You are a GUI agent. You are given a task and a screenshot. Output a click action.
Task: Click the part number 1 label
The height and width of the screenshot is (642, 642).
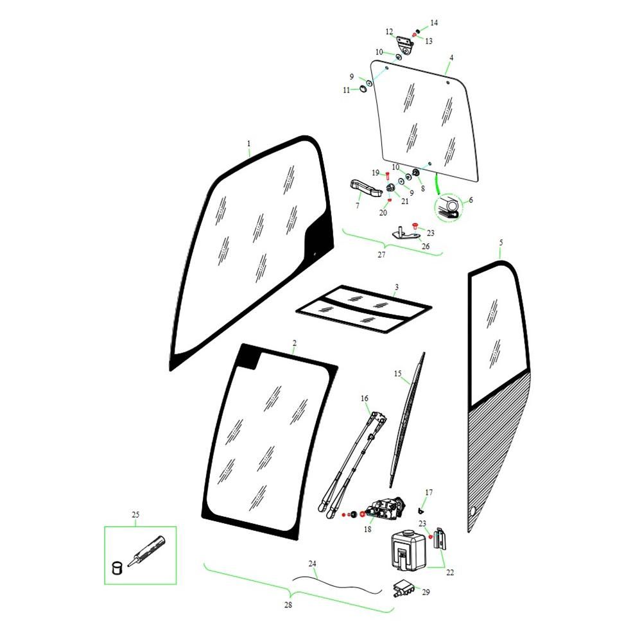[x=248, y=144]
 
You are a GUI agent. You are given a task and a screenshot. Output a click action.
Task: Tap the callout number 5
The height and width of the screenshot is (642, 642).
[x=501, y=243]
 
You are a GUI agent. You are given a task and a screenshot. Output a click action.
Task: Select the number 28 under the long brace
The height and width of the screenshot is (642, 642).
[x=288, y=605]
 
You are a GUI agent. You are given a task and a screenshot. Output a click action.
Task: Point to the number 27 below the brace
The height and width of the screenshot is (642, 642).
[x=381, y=255]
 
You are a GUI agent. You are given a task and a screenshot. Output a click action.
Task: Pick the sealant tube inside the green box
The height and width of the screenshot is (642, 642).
[x=146, y=550]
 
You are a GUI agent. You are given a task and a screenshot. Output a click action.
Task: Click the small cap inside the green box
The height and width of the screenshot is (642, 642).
[x=117, y=567]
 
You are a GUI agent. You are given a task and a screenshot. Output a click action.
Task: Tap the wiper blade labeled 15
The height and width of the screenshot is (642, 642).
[x=408, y=420]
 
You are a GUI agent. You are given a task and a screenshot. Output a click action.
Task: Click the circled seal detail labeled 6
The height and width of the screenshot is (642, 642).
[x=448, y=207]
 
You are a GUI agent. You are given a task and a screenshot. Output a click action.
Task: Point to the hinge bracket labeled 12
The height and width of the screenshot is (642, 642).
[x=405, y=45]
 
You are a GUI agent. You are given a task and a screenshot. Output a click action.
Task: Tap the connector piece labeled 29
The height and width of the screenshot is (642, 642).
[x=404, y=588]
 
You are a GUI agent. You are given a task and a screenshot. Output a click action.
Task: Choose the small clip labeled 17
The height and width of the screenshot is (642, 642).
[x=421, y=510]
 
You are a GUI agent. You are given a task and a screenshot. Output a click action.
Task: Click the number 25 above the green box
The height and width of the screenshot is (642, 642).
[x=135, y=515]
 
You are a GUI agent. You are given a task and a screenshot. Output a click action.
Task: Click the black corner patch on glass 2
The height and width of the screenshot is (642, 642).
[x=248, y=356]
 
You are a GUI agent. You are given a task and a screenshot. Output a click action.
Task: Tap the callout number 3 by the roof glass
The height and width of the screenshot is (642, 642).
[x=396, y=288]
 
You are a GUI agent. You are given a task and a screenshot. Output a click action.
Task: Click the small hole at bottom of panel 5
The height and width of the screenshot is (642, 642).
[x=473, y=510]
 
